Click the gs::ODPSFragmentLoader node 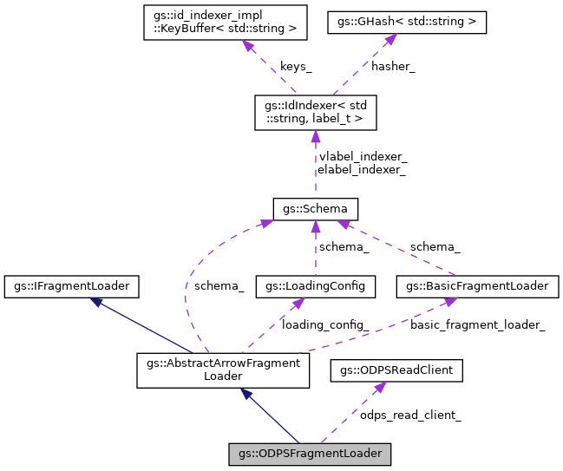coord(310,453)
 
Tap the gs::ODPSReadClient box coord(396,371)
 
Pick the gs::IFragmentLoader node coord(73,285)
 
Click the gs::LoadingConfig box coord(316,285)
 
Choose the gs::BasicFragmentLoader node coord(477,285)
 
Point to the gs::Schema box coord(316,209)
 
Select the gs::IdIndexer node coord(315,113)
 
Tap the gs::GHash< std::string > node coord(407,23)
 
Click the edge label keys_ coord(297,67)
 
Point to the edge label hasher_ coord(393,67)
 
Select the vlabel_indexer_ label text coord(363,157)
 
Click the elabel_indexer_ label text coord(363,170)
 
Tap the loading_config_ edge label coord(325,324)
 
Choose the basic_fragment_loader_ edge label coord(477,324)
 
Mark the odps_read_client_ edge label coord(410,415)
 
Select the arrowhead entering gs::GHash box coord(391,39)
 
